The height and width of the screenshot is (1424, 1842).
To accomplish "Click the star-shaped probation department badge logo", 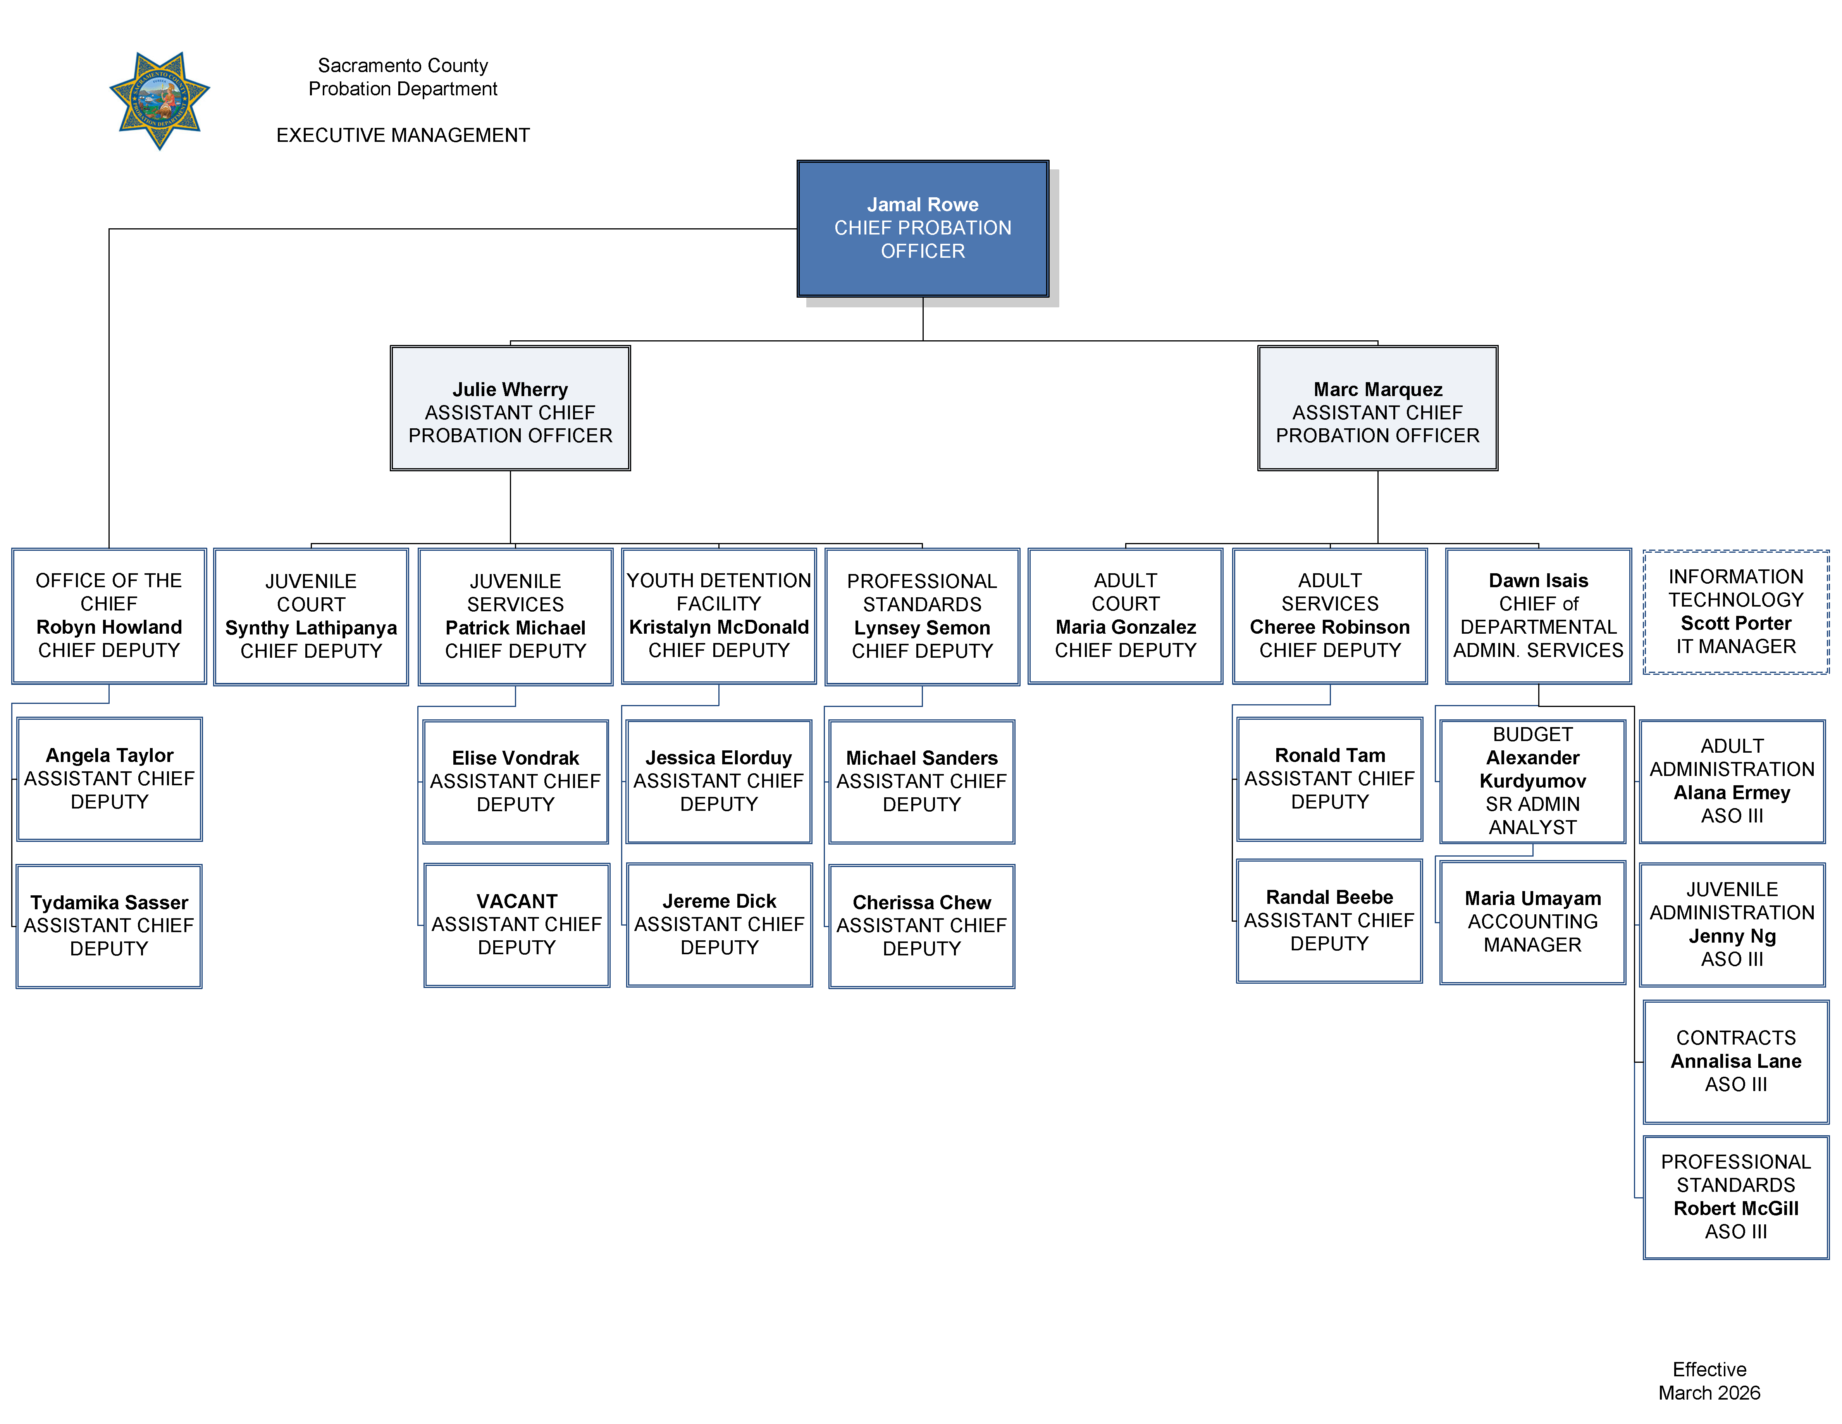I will tap(159, 100).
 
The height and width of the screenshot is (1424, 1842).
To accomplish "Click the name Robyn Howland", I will tap(109, 627).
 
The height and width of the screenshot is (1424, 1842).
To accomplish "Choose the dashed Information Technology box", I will tap(1736, 612).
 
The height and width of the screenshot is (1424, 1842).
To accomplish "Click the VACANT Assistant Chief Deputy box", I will tap(516, 924).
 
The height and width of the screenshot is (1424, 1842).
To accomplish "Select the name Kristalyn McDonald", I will tap(719, 627).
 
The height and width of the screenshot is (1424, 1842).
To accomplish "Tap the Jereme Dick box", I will tap(719, 924).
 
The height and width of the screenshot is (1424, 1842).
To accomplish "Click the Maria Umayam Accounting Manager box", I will tap(1532, 922).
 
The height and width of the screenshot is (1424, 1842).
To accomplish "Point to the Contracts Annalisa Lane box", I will tap(1736, 1061).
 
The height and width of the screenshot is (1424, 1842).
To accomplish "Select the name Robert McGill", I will tap(1736, 1208).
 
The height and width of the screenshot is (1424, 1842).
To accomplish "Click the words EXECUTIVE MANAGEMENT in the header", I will tap(403, 135).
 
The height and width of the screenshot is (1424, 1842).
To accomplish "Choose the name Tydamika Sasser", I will tap(109, 903).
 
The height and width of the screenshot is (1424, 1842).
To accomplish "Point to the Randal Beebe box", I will tap(1329, 921).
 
